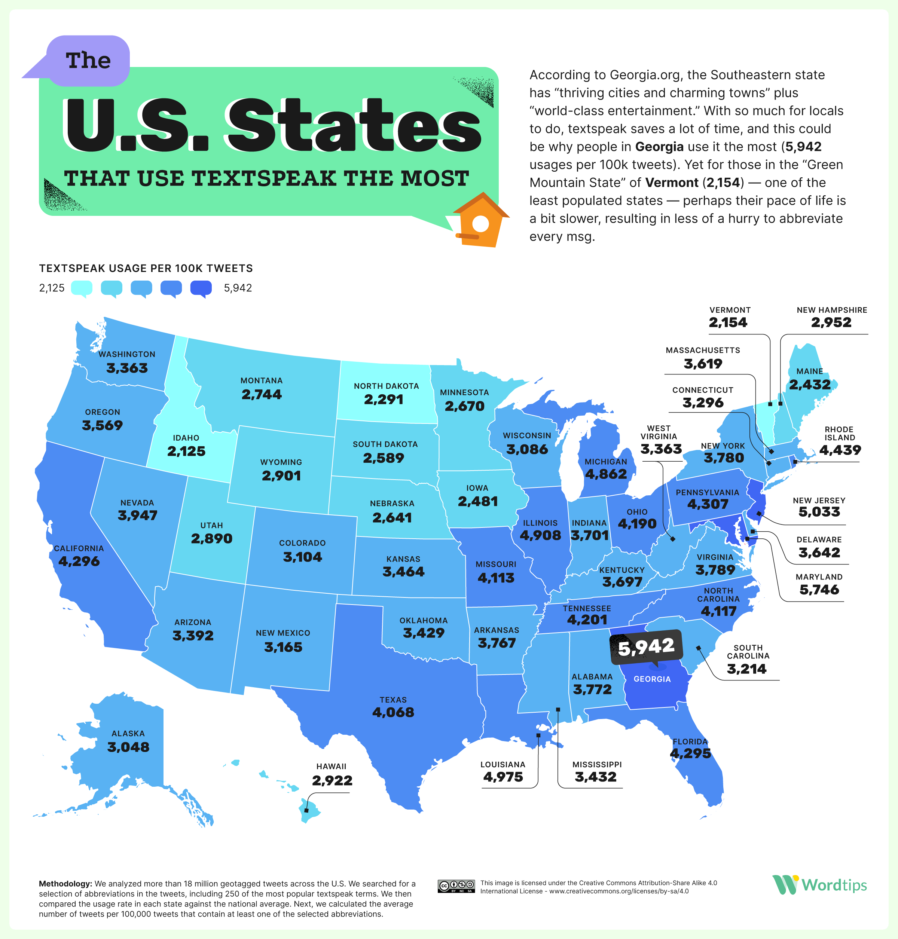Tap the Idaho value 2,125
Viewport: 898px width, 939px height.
click(x=186, y=451)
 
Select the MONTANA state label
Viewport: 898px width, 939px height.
click(x=262, y=380)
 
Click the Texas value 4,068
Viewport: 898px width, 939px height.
click(x=393, y=712)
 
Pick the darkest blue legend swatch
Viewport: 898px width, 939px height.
click(x=201, y=288)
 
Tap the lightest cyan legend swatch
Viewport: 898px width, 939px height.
click(x=81, y=288)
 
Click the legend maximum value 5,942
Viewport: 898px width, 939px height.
click(x=238, y=288)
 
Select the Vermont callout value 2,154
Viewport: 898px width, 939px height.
click(x=728, y=322)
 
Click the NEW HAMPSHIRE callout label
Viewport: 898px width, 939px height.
click(x=831, y=310)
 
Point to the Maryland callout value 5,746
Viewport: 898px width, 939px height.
click(x=819, y=590)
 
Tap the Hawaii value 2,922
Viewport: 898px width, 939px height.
click(x=332, y=781)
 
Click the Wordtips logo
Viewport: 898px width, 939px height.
click(x=819, y=885)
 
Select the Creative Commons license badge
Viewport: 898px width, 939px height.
click(x=456, y=886)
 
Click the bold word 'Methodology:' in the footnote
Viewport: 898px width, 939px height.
click(x=65, y=884)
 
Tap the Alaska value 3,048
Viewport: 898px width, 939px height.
click(x=128, y=747)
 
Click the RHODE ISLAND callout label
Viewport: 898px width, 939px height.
click(x=839, y=434)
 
